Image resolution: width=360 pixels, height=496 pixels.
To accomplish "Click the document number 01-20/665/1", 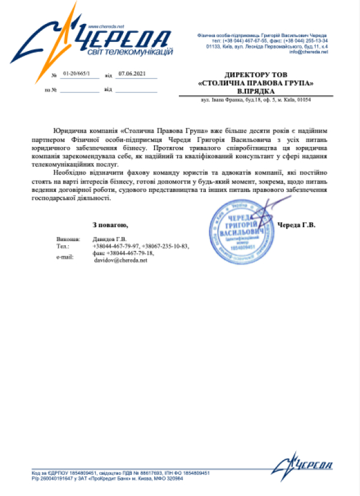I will (76, 75).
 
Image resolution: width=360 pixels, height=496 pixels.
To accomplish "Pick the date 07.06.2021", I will (132, 75).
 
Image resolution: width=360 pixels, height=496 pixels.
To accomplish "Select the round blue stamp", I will (242, 232).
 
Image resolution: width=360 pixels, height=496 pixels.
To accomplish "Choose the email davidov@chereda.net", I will (121, 260).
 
